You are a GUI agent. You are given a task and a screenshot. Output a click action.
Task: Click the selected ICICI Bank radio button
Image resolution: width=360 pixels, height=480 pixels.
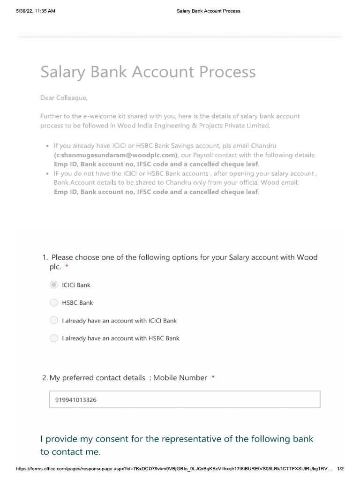[x=54, y=285]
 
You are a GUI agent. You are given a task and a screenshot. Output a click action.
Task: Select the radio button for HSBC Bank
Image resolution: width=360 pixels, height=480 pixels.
[x=54, y=303]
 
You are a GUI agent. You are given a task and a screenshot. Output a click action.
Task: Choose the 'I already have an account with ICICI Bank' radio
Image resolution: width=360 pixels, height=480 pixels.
[x=54, y=321]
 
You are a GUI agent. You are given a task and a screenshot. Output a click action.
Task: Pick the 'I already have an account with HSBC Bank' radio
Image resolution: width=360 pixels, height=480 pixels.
[x=54, y=338]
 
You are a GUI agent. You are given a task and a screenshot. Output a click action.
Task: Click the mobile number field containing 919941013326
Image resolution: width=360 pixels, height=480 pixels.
[x=185, y=400]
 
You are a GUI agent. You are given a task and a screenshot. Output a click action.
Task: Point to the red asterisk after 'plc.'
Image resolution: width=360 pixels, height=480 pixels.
[x=67, y=267]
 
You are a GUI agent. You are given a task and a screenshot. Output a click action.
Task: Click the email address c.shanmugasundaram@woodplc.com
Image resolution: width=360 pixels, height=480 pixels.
[x=116, y=155]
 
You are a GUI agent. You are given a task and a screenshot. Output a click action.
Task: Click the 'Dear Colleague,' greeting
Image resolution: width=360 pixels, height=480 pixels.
[x=64, y=98]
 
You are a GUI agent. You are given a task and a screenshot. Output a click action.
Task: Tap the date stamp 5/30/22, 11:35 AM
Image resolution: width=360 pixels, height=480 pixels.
[x=35, y=11]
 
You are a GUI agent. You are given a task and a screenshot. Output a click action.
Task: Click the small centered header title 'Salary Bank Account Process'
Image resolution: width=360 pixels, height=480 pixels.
[x=208, y=11]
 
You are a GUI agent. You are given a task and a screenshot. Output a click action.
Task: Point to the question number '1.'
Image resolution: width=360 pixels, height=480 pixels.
[x=45, y=257]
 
